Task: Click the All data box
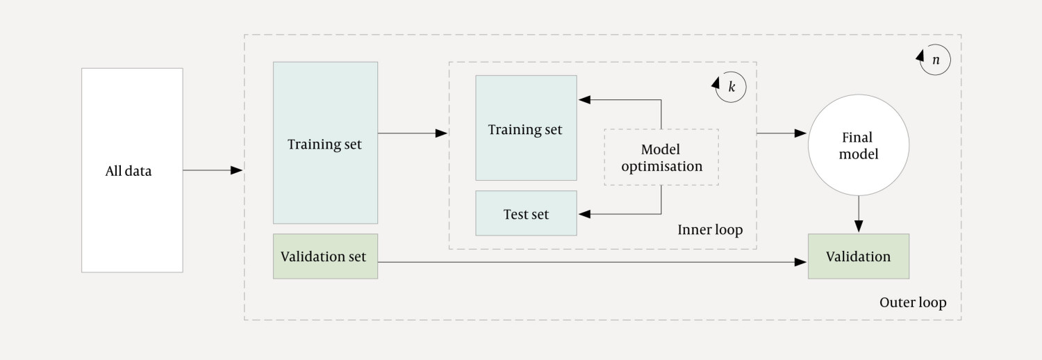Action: point(132,170)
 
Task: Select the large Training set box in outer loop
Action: point(325,143)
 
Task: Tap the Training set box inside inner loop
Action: point(526,129)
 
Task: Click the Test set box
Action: point(526,213)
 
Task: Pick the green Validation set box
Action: point(325,256)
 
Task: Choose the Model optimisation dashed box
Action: point(661,157)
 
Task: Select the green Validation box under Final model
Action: point(858,256)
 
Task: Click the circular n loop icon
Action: point(934,60)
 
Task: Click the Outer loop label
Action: point(912,302)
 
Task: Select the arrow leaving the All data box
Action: point(212,170)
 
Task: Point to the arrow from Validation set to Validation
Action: point(590,262)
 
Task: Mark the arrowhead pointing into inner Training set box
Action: point(584,100)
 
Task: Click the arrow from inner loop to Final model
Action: point(781,133)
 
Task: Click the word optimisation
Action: point(661,167)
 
